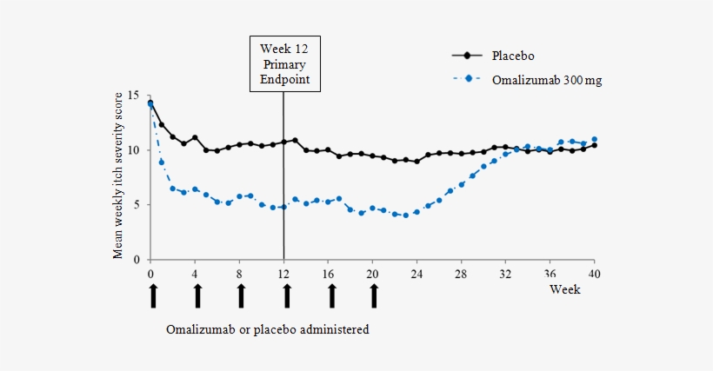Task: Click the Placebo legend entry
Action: [x=491, y=55]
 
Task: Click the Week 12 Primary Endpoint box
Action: [x=283, y=63]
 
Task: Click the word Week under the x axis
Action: [x=564, y=289]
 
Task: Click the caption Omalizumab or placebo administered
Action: [x=268, y=330]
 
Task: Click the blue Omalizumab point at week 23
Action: [x=406, y=215]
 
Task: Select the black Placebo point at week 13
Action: [x=296, y=140]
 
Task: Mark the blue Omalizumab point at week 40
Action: [x=594, y=139]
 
